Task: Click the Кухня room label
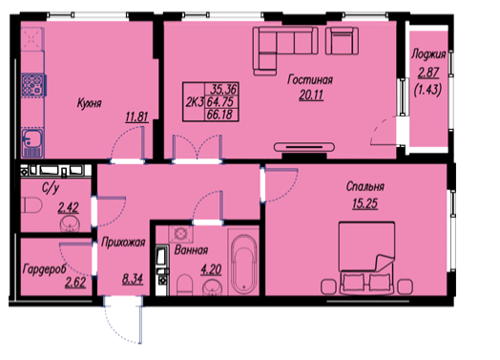tap(90, 103)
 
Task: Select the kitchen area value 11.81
tap(137, 117)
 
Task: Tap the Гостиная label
tap(310, 79)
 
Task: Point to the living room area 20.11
tap(311, 95)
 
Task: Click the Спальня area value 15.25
tap(365, 203)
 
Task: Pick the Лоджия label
tap(428, 54)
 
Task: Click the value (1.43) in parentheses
tap(427, 91)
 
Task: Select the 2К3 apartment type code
tap(195, 102)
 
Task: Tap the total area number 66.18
tap(219, 115)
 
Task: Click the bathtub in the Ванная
tap(244, 265)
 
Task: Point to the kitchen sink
tap(32, 142)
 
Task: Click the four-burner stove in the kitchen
tap(32, 85)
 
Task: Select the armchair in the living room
tap(342, 40)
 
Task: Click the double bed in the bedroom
tap(366, 258)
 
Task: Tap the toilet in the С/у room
tap(31, 205)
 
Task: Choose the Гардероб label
tap(44, 269)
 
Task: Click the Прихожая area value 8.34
tap(133, 279)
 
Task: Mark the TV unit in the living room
tap(304, 147)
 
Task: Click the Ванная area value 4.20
tap(211, 270)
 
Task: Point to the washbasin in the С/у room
tap(70, 223)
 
